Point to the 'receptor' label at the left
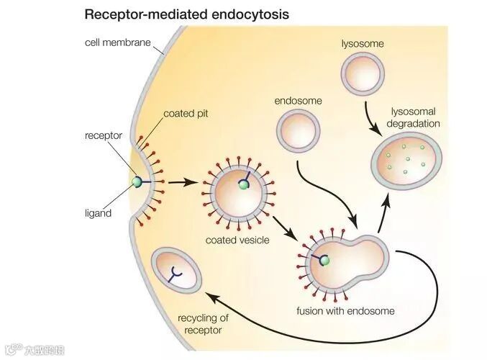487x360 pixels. [104, 135]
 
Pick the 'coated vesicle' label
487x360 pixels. [237, 240]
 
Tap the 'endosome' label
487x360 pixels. [298, 101]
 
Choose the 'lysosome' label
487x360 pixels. [363, 44]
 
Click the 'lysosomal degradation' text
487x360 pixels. [414, 117]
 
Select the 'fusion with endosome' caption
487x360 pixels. [346, 311]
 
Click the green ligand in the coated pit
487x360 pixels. [137, 182]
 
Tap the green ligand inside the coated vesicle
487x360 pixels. [245, 186]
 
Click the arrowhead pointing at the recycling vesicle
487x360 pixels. [209, 293]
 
